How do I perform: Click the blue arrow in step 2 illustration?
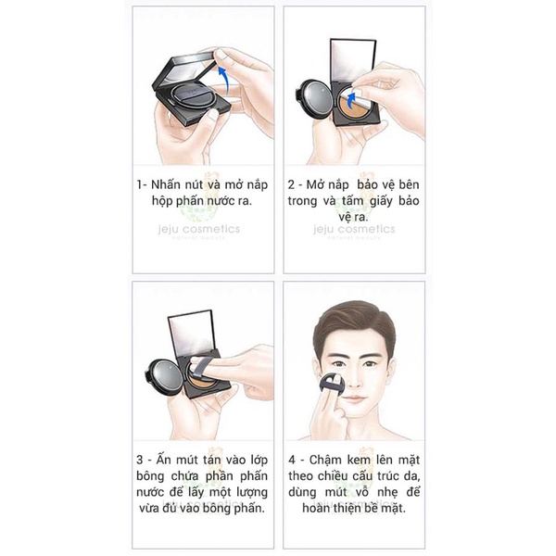tap(350, 100)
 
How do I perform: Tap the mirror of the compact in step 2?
tap(353, 59)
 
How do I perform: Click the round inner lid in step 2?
tap(314, 98)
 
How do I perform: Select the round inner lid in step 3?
tap(164, 377)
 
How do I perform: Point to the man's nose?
tap(353, 378)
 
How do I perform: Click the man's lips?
tap(355, 399)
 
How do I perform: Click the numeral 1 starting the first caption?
tap(140, 184)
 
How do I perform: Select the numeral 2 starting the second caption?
tap(291, 184)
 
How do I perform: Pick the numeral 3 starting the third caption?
tap(140, 460)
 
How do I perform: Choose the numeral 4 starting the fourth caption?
tap(292, 460)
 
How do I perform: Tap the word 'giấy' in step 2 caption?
tap(381, 201)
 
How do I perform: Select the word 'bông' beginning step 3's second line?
tap(150, 476)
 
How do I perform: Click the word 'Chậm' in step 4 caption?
tap(325, 461)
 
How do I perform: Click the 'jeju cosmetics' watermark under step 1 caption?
tap(199, 229)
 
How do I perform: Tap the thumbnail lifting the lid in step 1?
tap(221, 54)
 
